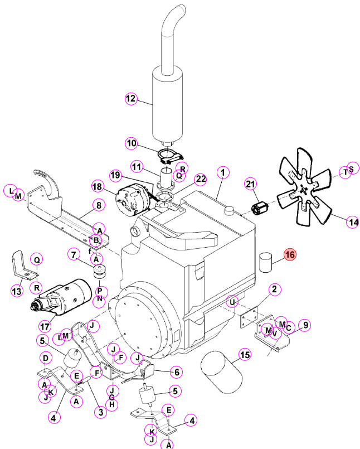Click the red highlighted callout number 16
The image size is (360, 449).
click(290, 254)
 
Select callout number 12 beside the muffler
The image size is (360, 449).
click(131, 99)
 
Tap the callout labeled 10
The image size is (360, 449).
click(132, 143)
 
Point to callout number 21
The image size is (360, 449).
click(250, 184)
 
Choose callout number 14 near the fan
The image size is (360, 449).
click(353, 222)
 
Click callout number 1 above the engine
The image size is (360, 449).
click(223, 173)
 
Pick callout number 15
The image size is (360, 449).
click(245, 355)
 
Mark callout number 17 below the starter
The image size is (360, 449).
click(45, 326)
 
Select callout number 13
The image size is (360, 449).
click(17, 291)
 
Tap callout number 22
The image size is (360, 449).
click(201, 179)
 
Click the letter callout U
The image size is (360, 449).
click(232, 302)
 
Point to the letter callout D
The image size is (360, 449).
click(46, 358)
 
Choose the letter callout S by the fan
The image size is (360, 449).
click(352, 169)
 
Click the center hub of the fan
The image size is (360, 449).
click(304, 190)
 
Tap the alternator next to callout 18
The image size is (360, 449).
click(133, 200)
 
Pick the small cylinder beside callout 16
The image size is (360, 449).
click(266, 262)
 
